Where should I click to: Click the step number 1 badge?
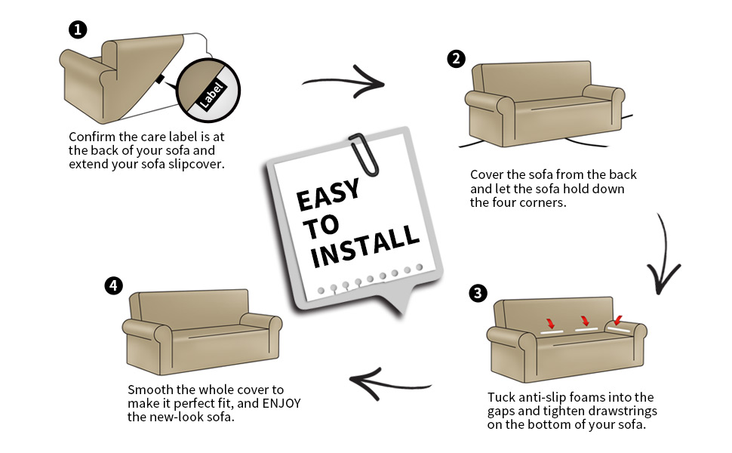(78, 30)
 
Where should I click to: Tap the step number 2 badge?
(456, 59)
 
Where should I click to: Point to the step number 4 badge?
(113, 285)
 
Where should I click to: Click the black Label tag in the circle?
(211, 92)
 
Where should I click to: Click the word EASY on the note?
(327, 197)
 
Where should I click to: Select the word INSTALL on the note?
(365, 245)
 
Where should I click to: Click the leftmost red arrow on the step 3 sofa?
(551, 324)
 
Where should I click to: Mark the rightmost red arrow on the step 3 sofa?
(618, 320)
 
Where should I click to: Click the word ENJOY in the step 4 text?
(281, 403)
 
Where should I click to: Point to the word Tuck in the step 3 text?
(502, 397)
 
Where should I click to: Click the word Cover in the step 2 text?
(487, 174)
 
